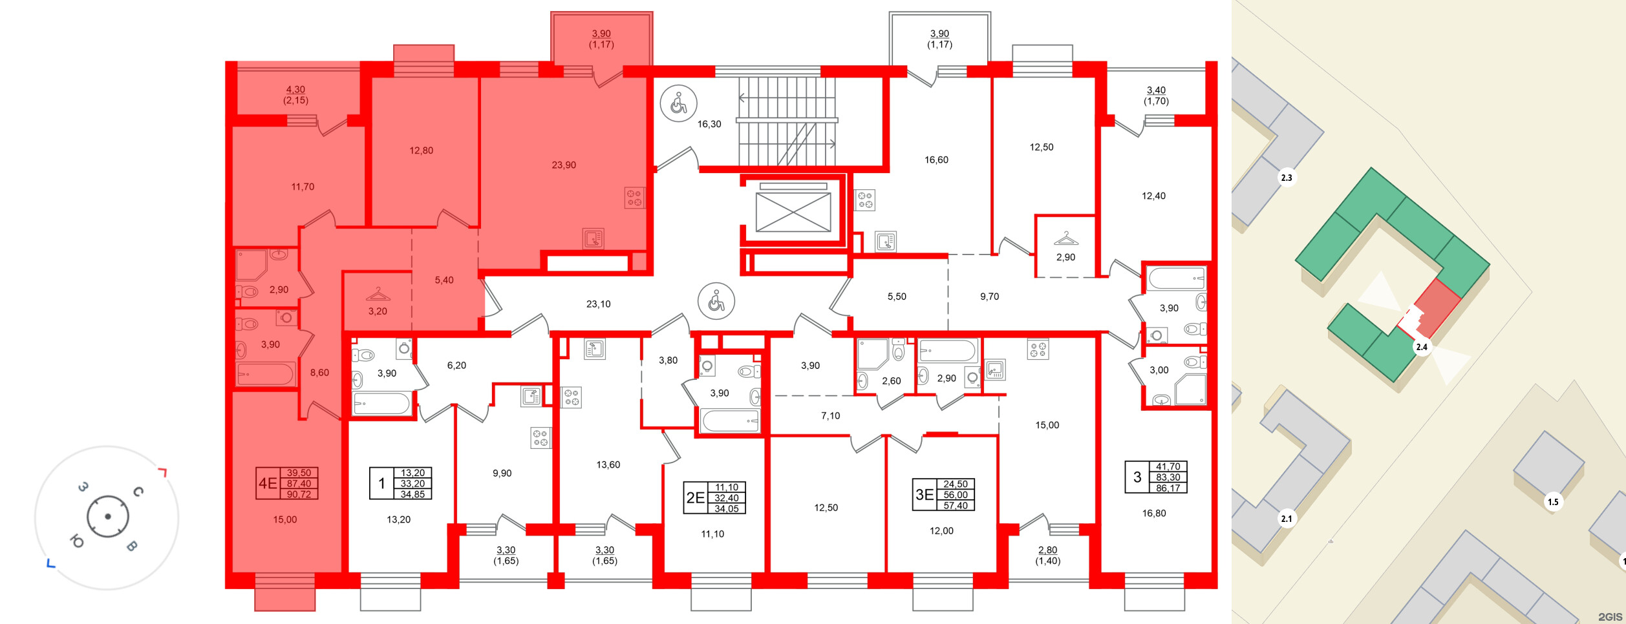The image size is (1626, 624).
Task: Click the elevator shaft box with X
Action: [x=793, y=212]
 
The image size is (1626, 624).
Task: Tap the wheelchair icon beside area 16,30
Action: [x=678, y=103]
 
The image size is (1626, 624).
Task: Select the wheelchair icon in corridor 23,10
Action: [x=716, y=301]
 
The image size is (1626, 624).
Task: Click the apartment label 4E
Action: [x=268, y=483]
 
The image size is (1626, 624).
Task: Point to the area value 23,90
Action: [x=564, y=165]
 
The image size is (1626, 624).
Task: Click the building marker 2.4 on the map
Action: [x=1421, y=347]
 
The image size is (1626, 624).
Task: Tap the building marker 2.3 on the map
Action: [x=1287, y=178]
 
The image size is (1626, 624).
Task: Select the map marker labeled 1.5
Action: [x=1553, y=501]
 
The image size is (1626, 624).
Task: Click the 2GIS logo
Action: [x=1610, y=617]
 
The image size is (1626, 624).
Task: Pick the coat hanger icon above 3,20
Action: [x=378, y=295]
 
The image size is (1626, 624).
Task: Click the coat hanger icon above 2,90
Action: [x=1065, y=239]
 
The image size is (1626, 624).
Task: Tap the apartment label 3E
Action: [x=925, y=495]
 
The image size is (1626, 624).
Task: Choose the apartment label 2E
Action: [x=695, y=498]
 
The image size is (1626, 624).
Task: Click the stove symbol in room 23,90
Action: [x=634, y=198]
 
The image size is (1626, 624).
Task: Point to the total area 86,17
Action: [x=1168, y=488]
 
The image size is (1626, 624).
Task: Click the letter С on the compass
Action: [x=138, y=492]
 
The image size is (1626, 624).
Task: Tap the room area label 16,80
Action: [x=1154, y=514]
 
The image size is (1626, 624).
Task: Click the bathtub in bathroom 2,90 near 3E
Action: [x=947, y=351]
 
